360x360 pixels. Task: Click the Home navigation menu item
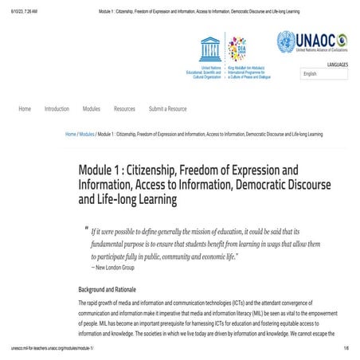pyautogui.click(x=25, y=108)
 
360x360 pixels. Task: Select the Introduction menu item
pyautogui.click(x=57, y=108)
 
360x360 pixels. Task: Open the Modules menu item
pyautogui.click(x=92, y=108)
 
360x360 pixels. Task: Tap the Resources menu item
pyautogui.click(x=124, y=108)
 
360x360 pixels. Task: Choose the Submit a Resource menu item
pyautogui.click(x=168, y=108)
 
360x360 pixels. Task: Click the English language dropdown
pyautogui.click(x=324, y=73)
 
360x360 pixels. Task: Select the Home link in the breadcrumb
pyautogui.click(x=70, y=134)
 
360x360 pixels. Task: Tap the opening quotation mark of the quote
pyautogui.click(x=85, y=229)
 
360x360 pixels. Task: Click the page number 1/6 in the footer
pyautogui.click(x=346, y=349)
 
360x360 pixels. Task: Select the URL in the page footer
pyautogui.click(x=52, y=349)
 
